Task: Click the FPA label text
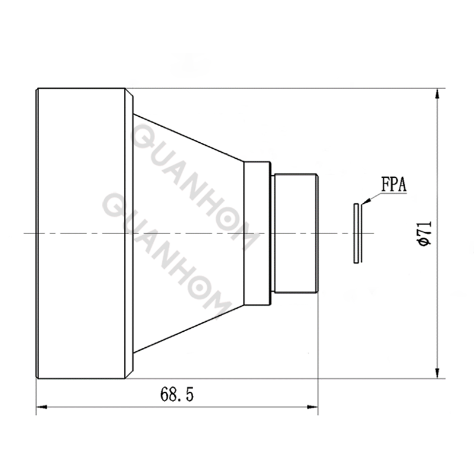393,184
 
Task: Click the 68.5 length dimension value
177,394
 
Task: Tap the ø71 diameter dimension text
424,233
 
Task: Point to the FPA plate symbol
356,233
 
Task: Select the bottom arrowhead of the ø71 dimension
437,373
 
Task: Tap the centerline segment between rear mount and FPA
335,233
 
